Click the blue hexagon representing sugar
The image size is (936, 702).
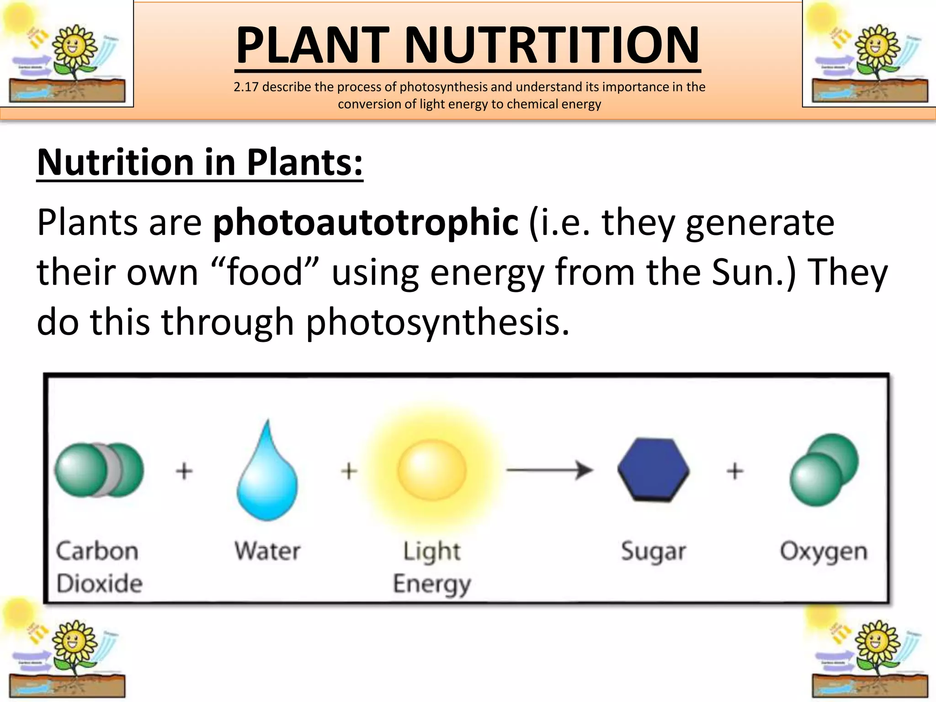click(653, 470)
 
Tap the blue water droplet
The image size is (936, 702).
click(267, 480)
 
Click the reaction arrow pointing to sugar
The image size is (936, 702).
click(549, 470)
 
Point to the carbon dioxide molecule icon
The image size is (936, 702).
click(99, 470)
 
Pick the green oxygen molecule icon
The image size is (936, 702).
click(824, 470)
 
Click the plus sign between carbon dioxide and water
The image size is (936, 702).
click(184, 471)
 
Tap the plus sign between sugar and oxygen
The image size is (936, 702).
click(735, 471)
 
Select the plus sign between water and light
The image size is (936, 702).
click(349, 471)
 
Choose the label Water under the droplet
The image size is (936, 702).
click(267, 551)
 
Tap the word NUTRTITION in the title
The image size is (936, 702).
click(552, 45)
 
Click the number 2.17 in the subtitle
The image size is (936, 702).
click(246, 87)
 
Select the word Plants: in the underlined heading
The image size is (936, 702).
click(305, 162)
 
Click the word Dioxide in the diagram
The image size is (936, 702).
click(100, 584)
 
